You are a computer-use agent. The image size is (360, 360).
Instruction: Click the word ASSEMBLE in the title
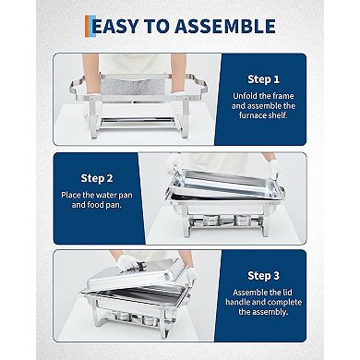pyautogui.click(x=226, y=26)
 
